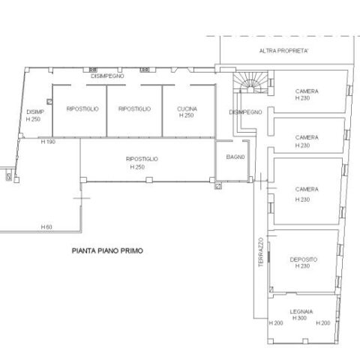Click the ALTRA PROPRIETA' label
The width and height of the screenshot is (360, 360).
[x=283, y=51]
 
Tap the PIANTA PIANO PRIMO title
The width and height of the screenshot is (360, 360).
[x=107, y=250]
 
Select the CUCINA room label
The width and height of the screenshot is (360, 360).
[x=187, y=109]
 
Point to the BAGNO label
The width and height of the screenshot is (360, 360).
[x=235, y=157]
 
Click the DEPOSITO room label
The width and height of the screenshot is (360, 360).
[x=304, y=259]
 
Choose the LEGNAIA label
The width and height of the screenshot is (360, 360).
[x=301, y=312]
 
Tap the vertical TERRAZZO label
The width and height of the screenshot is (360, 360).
[x=261, y=252]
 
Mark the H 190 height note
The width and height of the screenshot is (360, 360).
[x=48, y=142]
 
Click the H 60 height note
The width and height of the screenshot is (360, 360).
[x=46, y=227]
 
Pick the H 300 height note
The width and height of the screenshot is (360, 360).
[x=299, y=318]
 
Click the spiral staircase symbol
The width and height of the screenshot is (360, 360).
[x=250, y=82]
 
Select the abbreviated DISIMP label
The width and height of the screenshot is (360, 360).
[x=35, y=112]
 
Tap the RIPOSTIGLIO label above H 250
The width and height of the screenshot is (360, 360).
[x=142, y=159]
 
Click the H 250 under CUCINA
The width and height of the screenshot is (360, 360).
[x=187, y=115]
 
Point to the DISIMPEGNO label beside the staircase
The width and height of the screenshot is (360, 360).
[x=245, y=112]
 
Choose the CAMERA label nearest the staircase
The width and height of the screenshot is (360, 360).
[x=307, y=91]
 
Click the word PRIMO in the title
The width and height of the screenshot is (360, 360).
[x=132, y=250]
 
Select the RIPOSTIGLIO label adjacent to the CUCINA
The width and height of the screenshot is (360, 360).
[x=134, y=109]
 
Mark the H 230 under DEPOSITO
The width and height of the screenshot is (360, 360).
[x=302, y=266]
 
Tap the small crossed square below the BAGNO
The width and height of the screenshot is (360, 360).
[x=218, y=186]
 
